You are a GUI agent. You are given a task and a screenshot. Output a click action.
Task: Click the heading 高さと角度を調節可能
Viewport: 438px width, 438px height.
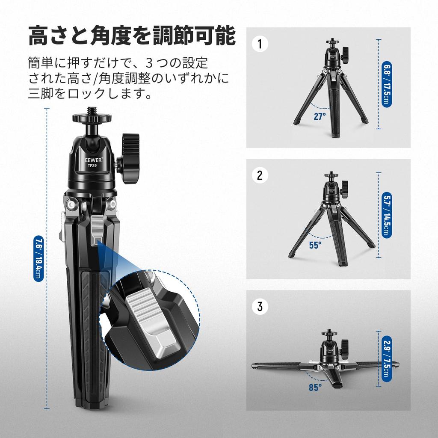[132, 36]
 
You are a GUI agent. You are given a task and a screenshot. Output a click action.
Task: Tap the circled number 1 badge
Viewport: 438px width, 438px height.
[260, 44]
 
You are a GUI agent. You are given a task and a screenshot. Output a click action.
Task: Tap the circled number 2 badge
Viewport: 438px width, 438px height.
[260, 175]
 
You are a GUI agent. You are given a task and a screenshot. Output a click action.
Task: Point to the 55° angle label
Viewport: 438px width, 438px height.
[315, 245]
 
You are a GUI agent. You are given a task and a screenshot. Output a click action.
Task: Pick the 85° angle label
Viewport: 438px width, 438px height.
[315, 388]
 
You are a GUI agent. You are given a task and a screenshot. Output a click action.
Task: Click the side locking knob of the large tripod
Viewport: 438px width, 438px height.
[130, 158]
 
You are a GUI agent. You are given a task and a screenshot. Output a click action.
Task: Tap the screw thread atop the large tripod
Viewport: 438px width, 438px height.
[92, 110]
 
